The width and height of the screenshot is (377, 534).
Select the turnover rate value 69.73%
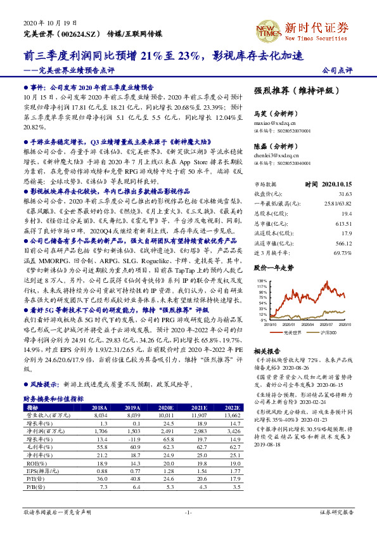click(x=342, y=235)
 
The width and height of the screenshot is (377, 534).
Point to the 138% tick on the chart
click(x=260, y=280)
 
